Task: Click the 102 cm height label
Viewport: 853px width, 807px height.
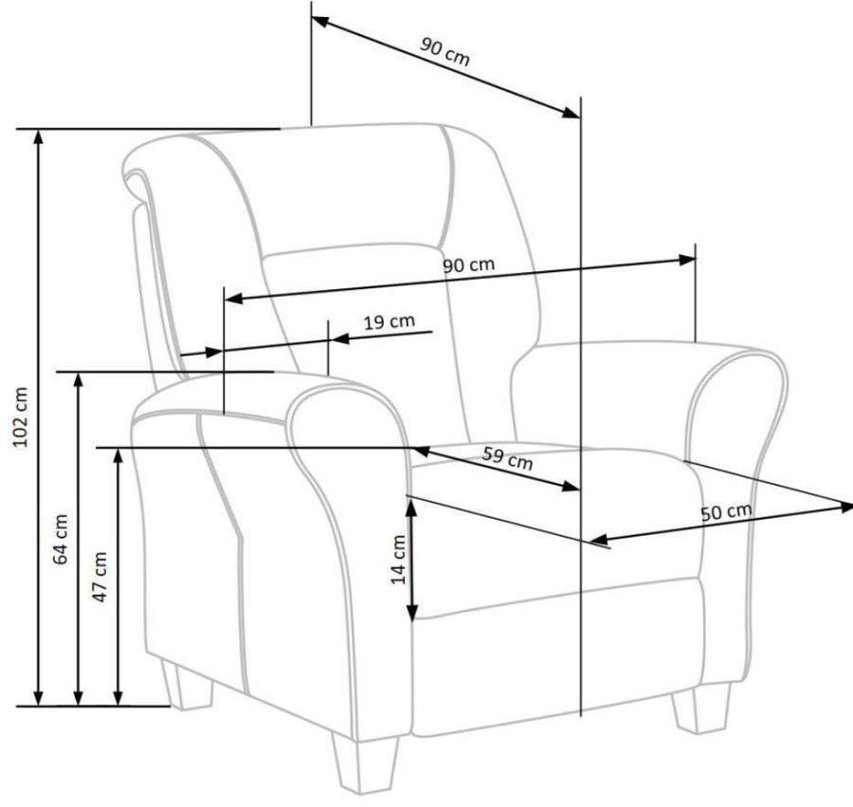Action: pos(20,417)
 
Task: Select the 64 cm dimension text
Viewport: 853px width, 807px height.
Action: pos(61,539)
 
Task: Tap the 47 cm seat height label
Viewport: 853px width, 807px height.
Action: pos(100,577)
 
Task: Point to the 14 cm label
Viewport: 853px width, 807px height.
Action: pos(398,559)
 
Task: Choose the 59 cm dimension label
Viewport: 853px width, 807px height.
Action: pos(507,458)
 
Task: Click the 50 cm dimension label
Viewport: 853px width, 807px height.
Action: pos(726,512)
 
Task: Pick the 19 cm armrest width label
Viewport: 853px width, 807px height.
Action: pos(389,321)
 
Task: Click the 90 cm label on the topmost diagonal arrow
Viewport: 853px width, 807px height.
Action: pos(444,51)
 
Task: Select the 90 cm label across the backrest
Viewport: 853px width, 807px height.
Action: pos(468,265)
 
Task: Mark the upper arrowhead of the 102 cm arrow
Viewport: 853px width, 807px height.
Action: pos(38,136)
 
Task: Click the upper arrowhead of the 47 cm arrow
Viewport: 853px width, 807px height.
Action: pos(118,455)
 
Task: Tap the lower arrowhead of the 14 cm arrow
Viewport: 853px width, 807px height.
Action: pos(412,613)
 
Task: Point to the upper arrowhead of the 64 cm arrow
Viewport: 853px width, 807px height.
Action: pos(79,379)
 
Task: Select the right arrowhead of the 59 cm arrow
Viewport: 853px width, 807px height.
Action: pos(571,486)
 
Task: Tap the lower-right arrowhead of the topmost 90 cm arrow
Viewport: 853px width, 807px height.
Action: pos(572,113)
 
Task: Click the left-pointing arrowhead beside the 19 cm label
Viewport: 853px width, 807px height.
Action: pos(340,339)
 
